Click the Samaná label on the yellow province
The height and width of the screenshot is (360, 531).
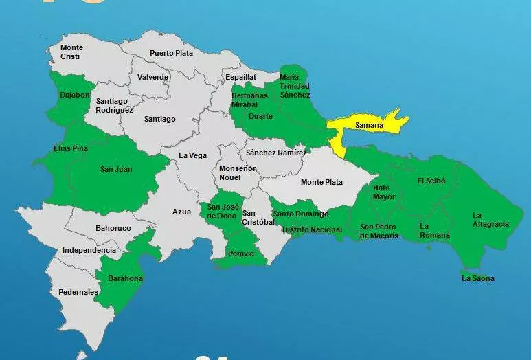368,126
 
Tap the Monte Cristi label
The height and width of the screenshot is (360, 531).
71,52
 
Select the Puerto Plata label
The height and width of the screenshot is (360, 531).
172,53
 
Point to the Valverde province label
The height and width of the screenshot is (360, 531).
152,77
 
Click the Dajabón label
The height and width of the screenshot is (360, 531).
75,95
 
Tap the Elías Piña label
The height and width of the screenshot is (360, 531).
71,148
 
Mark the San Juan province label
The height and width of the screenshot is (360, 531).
116,169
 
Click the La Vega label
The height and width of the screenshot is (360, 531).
192,156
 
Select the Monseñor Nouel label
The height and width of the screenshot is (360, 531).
237,172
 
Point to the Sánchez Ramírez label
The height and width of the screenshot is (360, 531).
276,153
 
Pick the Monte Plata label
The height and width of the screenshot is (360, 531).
321,182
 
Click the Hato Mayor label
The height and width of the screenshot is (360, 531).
384,192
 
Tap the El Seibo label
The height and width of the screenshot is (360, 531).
431,181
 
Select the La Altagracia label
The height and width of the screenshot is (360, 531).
490,219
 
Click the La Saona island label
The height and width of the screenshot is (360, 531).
477,278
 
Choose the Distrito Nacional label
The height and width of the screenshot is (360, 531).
312,229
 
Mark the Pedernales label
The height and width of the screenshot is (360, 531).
78,292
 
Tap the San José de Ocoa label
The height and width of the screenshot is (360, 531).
223,211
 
